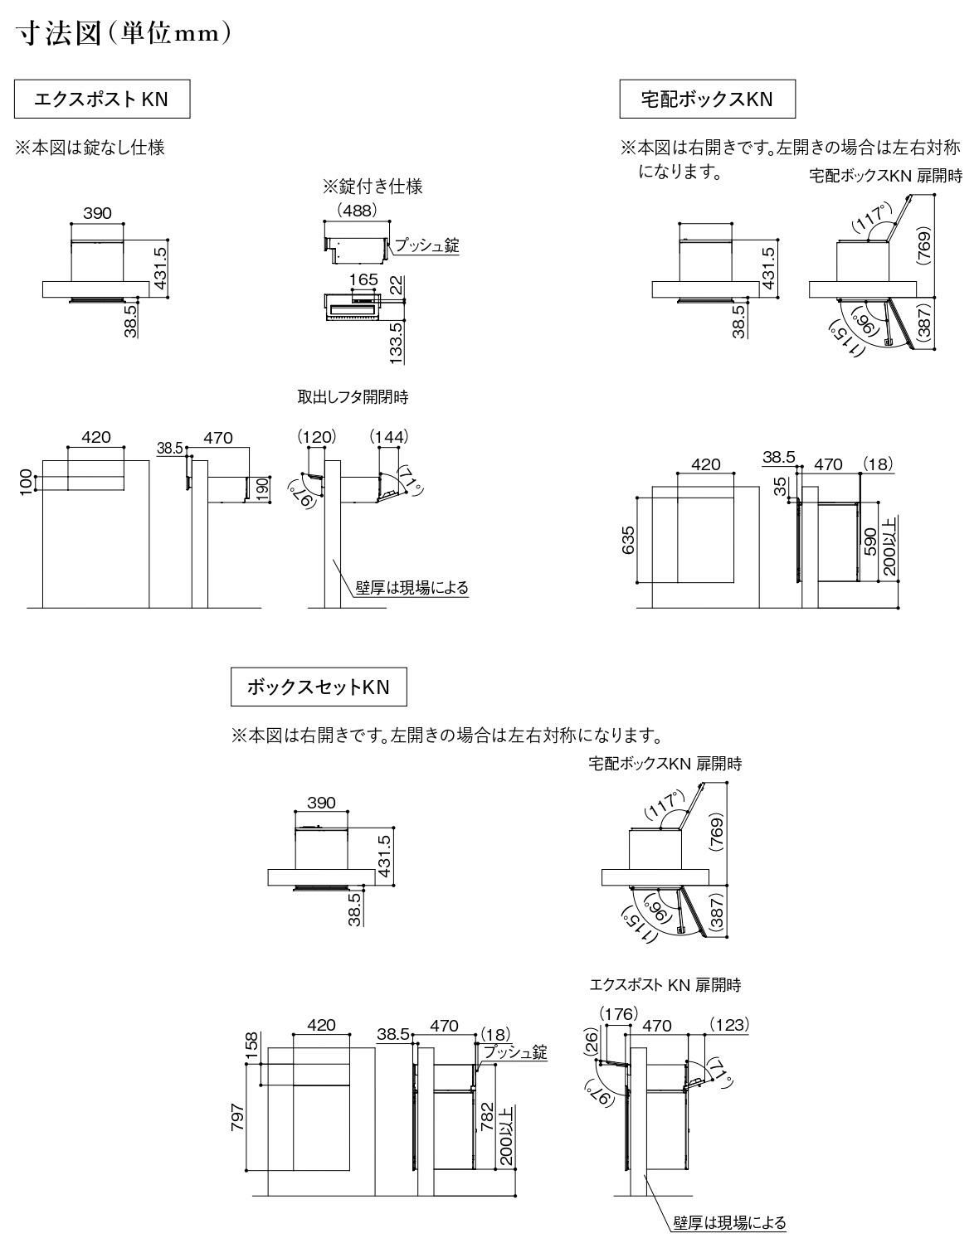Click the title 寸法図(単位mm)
coord(123,34)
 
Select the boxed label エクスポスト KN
coord(101,100)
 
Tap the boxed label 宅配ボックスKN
coord(707,100)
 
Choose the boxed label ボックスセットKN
coord(318,687)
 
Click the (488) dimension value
coord(355,211)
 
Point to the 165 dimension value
coord(363,279)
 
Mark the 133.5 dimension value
coord(396,342)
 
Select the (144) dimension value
coord(388,436)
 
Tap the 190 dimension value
coord(262,489)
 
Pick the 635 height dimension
coord(628,541)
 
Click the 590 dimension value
coord(870,541)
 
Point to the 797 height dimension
coord(238,1119)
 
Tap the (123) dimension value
coord(729,1025)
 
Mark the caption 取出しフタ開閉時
coord(353,397)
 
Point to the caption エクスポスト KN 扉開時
coord(665,985)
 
